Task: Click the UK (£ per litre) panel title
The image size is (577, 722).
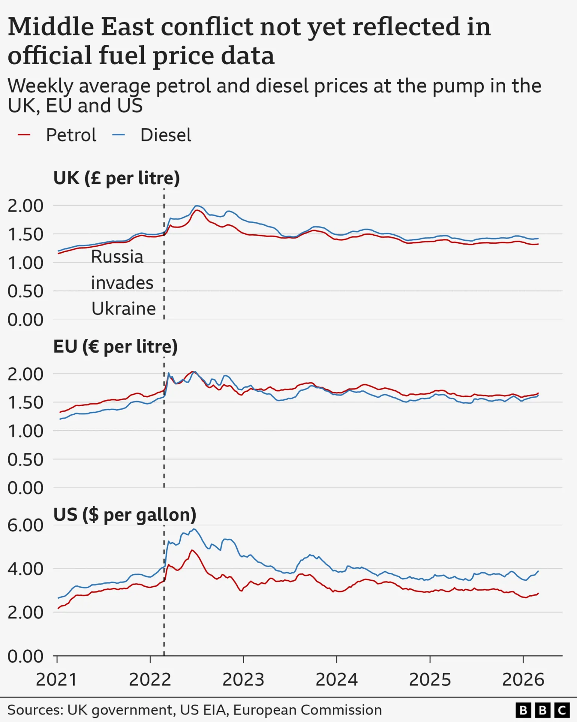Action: tap(116, 178)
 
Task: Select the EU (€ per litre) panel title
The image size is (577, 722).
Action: tap(115, 346)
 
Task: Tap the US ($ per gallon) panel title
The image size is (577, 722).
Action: tap(125, 514)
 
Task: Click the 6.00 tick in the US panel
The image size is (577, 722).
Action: tap(26, 525)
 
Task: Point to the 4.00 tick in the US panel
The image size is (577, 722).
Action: tap(26, 569)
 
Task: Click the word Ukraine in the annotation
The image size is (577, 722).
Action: tap(124, 309)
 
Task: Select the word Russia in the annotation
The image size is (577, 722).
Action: tap(117, 257)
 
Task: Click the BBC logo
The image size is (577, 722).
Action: tap(542, 710)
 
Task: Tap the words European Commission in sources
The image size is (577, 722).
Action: tap(307, 710)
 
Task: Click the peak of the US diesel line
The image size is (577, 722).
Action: tap(194, 529)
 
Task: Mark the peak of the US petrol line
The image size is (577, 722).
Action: tap(192, 550)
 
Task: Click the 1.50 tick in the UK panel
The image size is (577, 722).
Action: tap(26, 234)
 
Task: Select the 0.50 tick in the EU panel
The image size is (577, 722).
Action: tap(26, 460)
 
